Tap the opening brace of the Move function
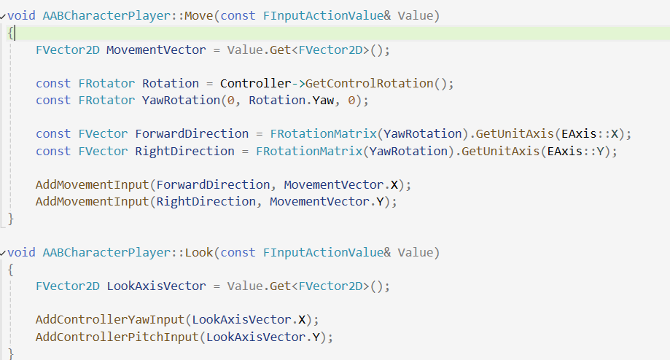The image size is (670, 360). tap(11, 33)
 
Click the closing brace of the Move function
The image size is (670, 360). tap(11, 218)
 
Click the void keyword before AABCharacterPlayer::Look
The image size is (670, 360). tap(22, 252)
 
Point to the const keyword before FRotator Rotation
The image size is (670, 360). tap(53, 83)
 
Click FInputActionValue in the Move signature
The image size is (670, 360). tap(320, 15)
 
